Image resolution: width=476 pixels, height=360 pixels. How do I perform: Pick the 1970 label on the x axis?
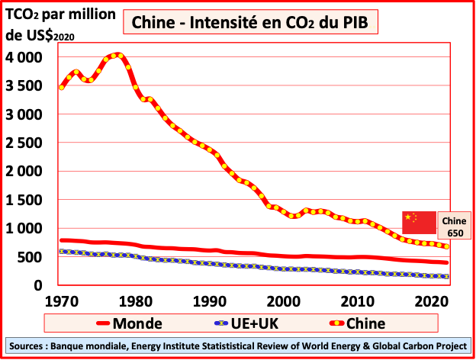click(60, 301)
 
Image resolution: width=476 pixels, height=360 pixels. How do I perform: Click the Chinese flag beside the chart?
click(419, 222)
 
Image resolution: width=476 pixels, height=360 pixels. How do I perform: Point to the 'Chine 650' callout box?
click(455, 227)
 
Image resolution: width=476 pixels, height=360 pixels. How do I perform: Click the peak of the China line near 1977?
click(116, 55)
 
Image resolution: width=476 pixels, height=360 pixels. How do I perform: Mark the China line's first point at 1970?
click(61, 87)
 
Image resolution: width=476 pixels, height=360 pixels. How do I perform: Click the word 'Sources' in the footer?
click(27, 346)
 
